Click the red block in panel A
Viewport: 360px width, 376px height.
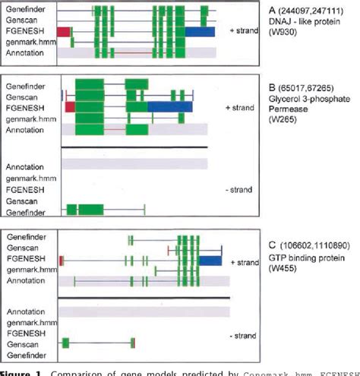pos(65,32)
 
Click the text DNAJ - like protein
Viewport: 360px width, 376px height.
pos(300,22)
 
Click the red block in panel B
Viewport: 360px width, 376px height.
pos(71,108)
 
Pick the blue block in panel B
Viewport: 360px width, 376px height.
pos(171,108)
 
